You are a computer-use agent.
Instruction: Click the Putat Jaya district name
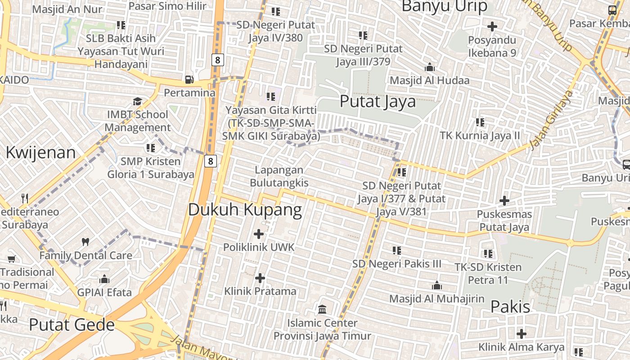[x=378, y=101]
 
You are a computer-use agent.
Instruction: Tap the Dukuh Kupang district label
[x=245, y=210]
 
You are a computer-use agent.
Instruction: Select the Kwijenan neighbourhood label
[x=40, y=153]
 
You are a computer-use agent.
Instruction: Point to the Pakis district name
[x=510, y=307]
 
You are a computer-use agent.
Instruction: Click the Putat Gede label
[x=72, y=324]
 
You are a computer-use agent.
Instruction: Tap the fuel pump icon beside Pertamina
[x=189, y=79]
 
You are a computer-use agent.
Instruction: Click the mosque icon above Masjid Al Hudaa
[x=429, y=67]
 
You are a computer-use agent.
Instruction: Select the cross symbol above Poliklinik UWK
[x=259, y=234]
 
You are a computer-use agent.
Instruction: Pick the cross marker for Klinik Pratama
[x=260, y=278]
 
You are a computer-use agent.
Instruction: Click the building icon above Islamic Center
[x=322, y=309]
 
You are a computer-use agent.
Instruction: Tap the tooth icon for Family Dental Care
[x=85, y=242]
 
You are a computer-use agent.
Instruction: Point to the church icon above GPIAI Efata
[x=104, y=279]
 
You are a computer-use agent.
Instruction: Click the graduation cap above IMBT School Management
[x=137, y=101]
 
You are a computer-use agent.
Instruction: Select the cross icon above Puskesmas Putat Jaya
[x=504, y=200]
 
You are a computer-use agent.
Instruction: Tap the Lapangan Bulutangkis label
[x=279, y=176]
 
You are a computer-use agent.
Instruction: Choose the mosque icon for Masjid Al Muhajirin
[x=436, y=285]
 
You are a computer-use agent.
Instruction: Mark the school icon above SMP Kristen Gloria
[x=151, y=148]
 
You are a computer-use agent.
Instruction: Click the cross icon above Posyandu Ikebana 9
[x=492, y=27]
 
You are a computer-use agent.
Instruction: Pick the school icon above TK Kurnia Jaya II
[x=480, y=122]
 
